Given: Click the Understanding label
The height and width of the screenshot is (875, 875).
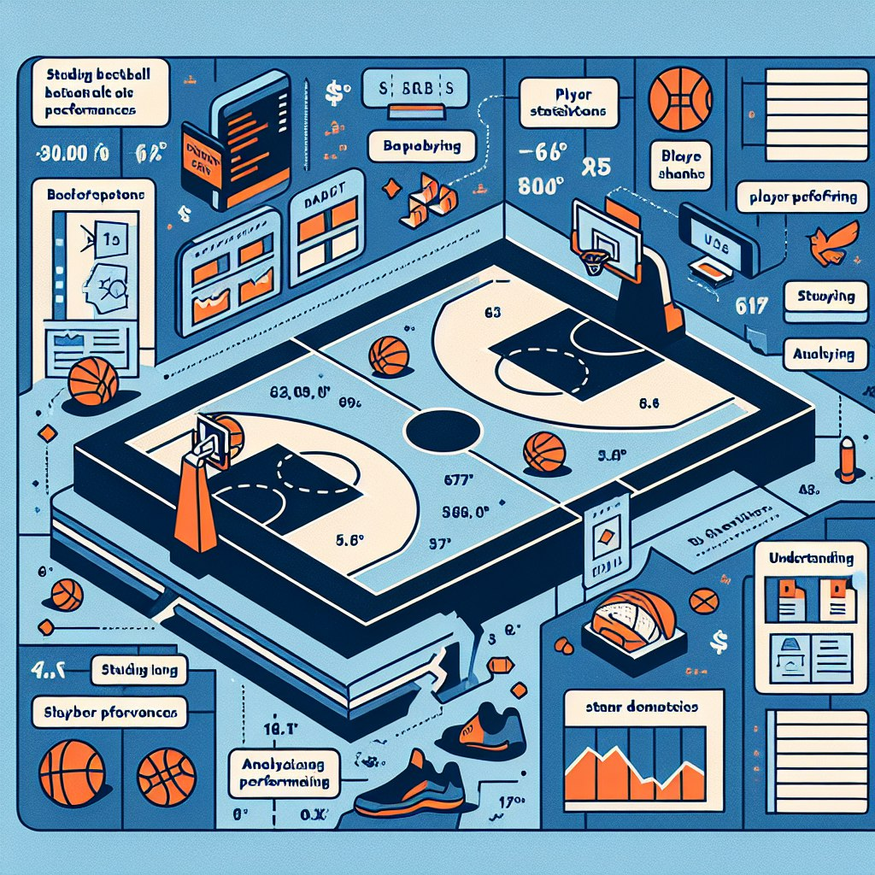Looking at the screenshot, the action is [811, 559].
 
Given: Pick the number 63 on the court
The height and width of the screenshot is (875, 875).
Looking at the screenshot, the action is [493, 313].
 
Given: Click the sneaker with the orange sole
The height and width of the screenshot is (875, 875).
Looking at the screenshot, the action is [409, 786].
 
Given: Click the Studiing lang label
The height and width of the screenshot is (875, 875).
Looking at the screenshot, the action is [138, 670].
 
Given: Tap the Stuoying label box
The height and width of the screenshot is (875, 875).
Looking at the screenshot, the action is [825, 297].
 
